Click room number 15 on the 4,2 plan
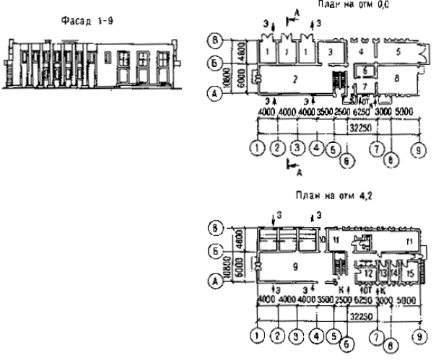[x=409, y=273]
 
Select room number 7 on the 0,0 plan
[x=366, y=87]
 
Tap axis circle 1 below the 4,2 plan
[x=256, y=335]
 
